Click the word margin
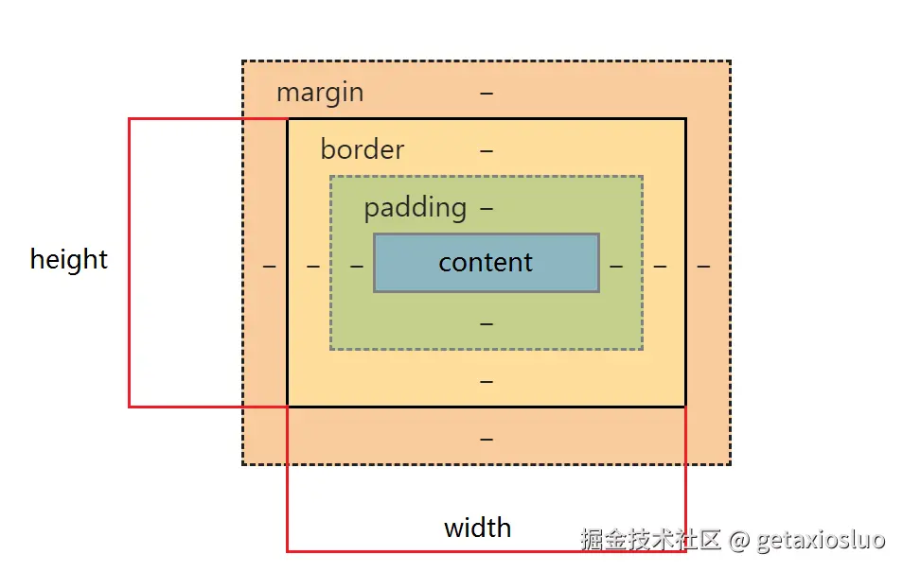click(320, 93)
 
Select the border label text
click(363, 149)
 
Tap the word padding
click(416, 208)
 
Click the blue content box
click(487, 263)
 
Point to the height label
click(69, 259)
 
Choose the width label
click(478, 528)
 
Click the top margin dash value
click(487, 93)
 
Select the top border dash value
click(487, 150)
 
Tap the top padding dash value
click(487, 208)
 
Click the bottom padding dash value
click(487, 323)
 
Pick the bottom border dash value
click(487, 381)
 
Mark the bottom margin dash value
click(487, 440)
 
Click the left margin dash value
click(270, 267)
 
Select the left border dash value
click(313, 267)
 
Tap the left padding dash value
click(357, 267)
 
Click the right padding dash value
click(616, 267)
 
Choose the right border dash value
click(660, 267)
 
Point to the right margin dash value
click(703, 267)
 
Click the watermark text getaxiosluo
click(821, 540)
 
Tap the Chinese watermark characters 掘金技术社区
click(651, 540)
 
